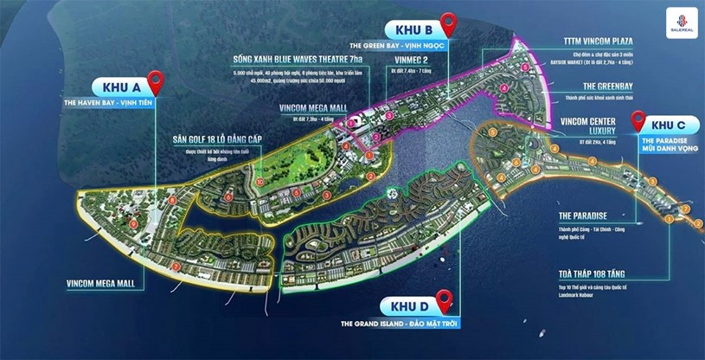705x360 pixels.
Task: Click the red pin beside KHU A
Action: coord(157,81)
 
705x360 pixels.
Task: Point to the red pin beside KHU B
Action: coord(447,24)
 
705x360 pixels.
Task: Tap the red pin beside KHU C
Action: coord(638,121)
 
